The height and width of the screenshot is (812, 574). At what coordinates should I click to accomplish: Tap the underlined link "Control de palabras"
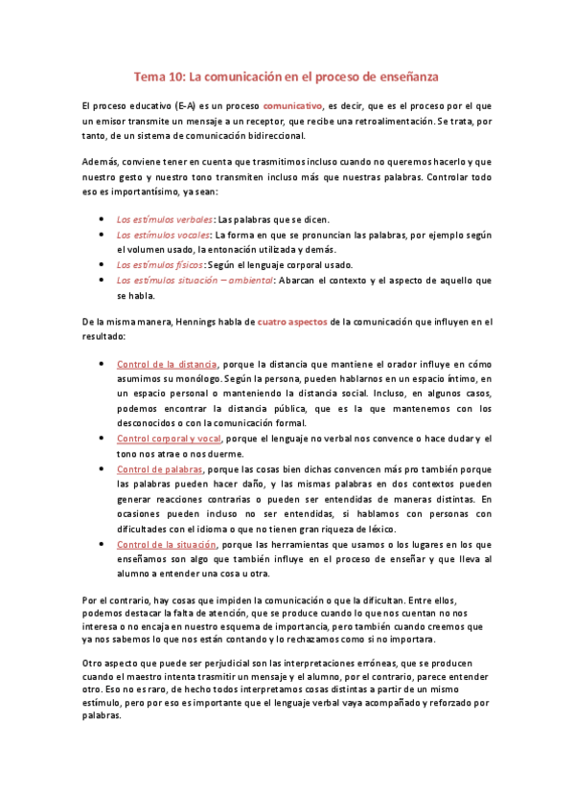point(159,470)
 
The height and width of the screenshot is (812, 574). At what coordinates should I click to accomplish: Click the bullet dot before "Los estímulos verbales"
point(103,219)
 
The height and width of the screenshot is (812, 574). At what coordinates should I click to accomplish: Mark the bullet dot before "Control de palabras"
point(103,470)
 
